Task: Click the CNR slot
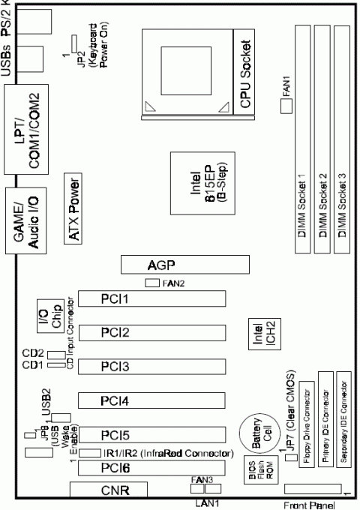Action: tap(109, 491)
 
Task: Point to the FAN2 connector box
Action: tap(152, 283)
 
